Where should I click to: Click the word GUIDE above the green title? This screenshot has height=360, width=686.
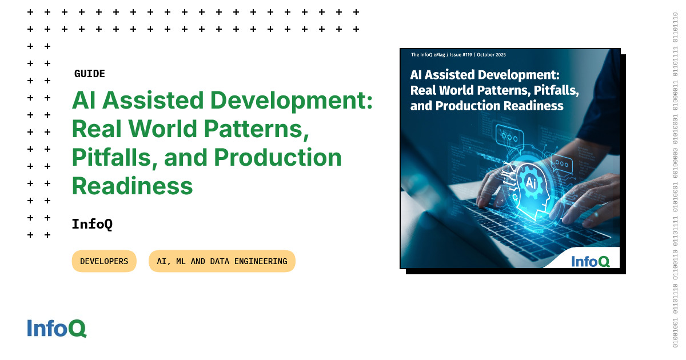point(90,74)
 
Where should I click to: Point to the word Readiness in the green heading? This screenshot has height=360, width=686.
point(132,186)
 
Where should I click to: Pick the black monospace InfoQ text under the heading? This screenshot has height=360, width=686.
point(92,224)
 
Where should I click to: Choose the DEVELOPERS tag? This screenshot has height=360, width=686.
point(104,261)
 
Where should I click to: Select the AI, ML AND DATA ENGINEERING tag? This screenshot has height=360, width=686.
point(222,261)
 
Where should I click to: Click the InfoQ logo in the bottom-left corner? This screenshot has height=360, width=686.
point(57,328)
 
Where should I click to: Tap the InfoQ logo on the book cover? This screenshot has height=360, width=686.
point(591,261)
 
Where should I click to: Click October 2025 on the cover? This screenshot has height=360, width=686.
point(492,55)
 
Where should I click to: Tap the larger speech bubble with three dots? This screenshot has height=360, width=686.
point(510,138)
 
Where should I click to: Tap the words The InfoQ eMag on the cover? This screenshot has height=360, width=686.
point(426,55)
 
